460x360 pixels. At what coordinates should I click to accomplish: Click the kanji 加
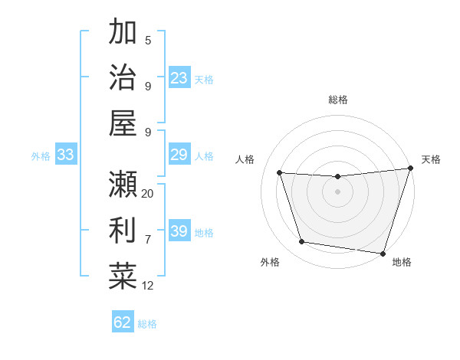(x=123, y=32)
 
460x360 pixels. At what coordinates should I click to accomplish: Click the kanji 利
(x=123, y=230)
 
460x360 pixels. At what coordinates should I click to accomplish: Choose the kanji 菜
(x=123, y=276)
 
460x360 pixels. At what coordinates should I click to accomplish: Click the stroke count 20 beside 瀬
(x=148, y=193)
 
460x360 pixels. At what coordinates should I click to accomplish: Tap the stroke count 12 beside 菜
(x=148, y=286)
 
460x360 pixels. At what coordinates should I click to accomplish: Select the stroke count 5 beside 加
(x=148, y=40)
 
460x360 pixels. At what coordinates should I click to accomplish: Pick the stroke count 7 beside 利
(x=148, y=239)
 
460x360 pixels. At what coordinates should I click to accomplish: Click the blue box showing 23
(x=179, y=78)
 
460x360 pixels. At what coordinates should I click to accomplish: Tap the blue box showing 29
(x=179, y=155)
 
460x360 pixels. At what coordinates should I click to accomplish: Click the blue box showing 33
(x=66, y=155)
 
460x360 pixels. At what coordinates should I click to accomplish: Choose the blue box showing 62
(x=123, y=322)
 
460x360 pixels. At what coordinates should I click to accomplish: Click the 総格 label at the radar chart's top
(x=338, y=100)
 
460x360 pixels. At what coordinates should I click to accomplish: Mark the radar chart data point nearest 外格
(x=302, y=243)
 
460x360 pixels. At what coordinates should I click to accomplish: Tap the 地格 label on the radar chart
(x=402, y=262)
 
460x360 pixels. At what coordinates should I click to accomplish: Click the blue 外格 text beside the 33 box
(x=41, y=156)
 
